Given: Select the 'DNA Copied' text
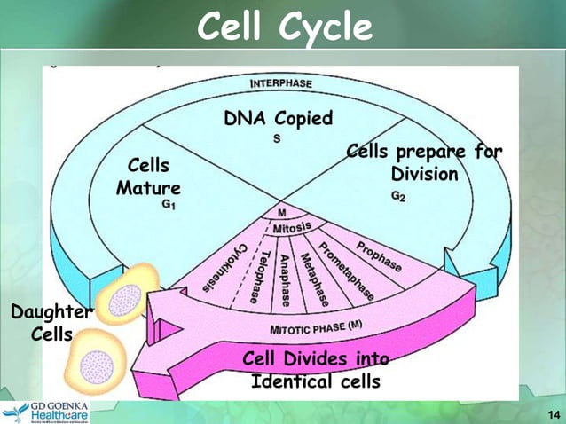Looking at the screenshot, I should [x=279, y=119].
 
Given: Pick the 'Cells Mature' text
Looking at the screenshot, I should [x=148, y=177].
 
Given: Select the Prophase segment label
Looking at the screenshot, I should [x=379, y=255].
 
